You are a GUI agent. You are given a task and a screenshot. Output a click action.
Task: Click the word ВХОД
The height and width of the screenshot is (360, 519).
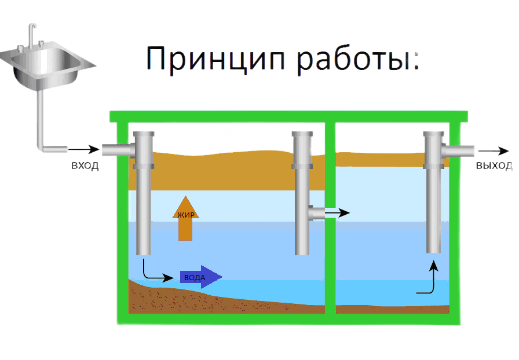point(85,166)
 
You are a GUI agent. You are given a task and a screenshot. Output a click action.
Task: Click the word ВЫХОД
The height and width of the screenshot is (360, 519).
point(494,166)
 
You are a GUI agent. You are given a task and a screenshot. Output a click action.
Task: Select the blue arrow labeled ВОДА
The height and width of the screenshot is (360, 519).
point(200,277)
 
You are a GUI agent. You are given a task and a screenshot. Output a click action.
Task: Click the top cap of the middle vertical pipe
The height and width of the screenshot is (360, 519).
point(302,134)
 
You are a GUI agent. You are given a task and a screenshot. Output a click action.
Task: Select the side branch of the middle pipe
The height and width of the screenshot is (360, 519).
point(316,213)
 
